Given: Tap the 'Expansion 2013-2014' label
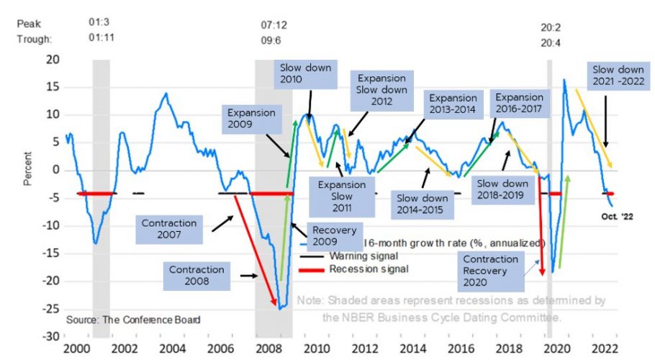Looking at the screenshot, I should pos(452,104).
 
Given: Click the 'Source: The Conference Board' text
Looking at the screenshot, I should pos(133,319).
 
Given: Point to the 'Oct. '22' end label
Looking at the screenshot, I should pos(616,215).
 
